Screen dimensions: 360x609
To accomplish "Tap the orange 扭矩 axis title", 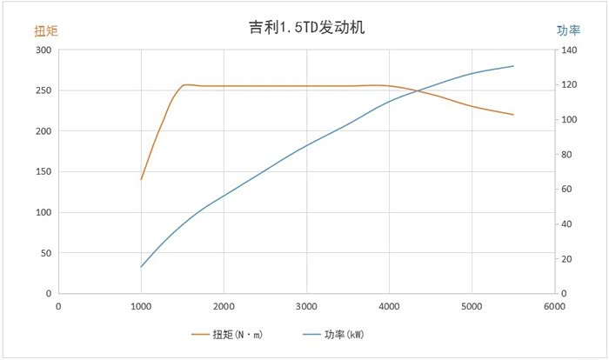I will pyautogui.click(x=45, y=30).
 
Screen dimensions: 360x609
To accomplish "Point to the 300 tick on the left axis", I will pyautogui.click(x=42, y=50).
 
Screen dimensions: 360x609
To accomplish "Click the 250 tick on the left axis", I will pyautogui.click(x=42, y=90).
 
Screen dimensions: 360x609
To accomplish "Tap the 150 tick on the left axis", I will pyautogui.click(x=42, y=172).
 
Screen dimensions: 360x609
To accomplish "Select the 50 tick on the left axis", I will pyautogui.click(x=43, y=253).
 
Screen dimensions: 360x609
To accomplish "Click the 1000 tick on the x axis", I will pyautogui.click(x=141, y=306).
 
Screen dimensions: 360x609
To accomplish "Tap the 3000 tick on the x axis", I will pyautogui.click(x=306, y=306).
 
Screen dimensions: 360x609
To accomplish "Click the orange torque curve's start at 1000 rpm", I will pyautogui.click(x=141, y=179).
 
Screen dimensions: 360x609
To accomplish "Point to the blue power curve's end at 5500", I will pyautogui.click(x=513, y=66).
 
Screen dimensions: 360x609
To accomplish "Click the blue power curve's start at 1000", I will pyautogui.click(x=141, y=266).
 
